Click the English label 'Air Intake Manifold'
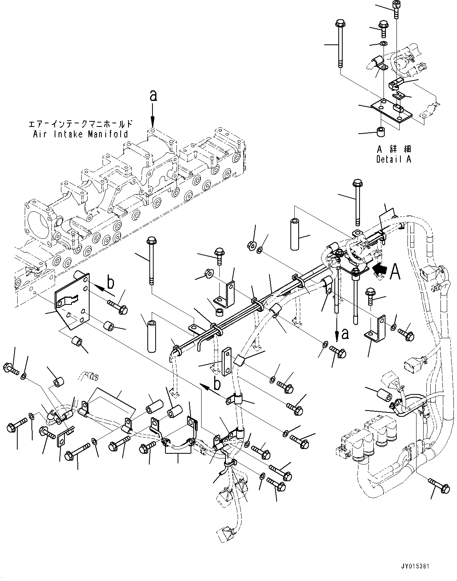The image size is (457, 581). (x=80, y=134)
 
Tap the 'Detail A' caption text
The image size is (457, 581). (x=393, y=159)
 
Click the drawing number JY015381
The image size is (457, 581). (x=427, y=566)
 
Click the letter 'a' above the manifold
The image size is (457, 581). (x=153, y=95)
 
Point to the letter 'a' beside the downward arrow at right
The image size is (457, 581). (x=345, y=333)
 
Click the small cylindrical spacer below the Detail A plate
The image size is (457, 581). (x=380, y=132)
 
